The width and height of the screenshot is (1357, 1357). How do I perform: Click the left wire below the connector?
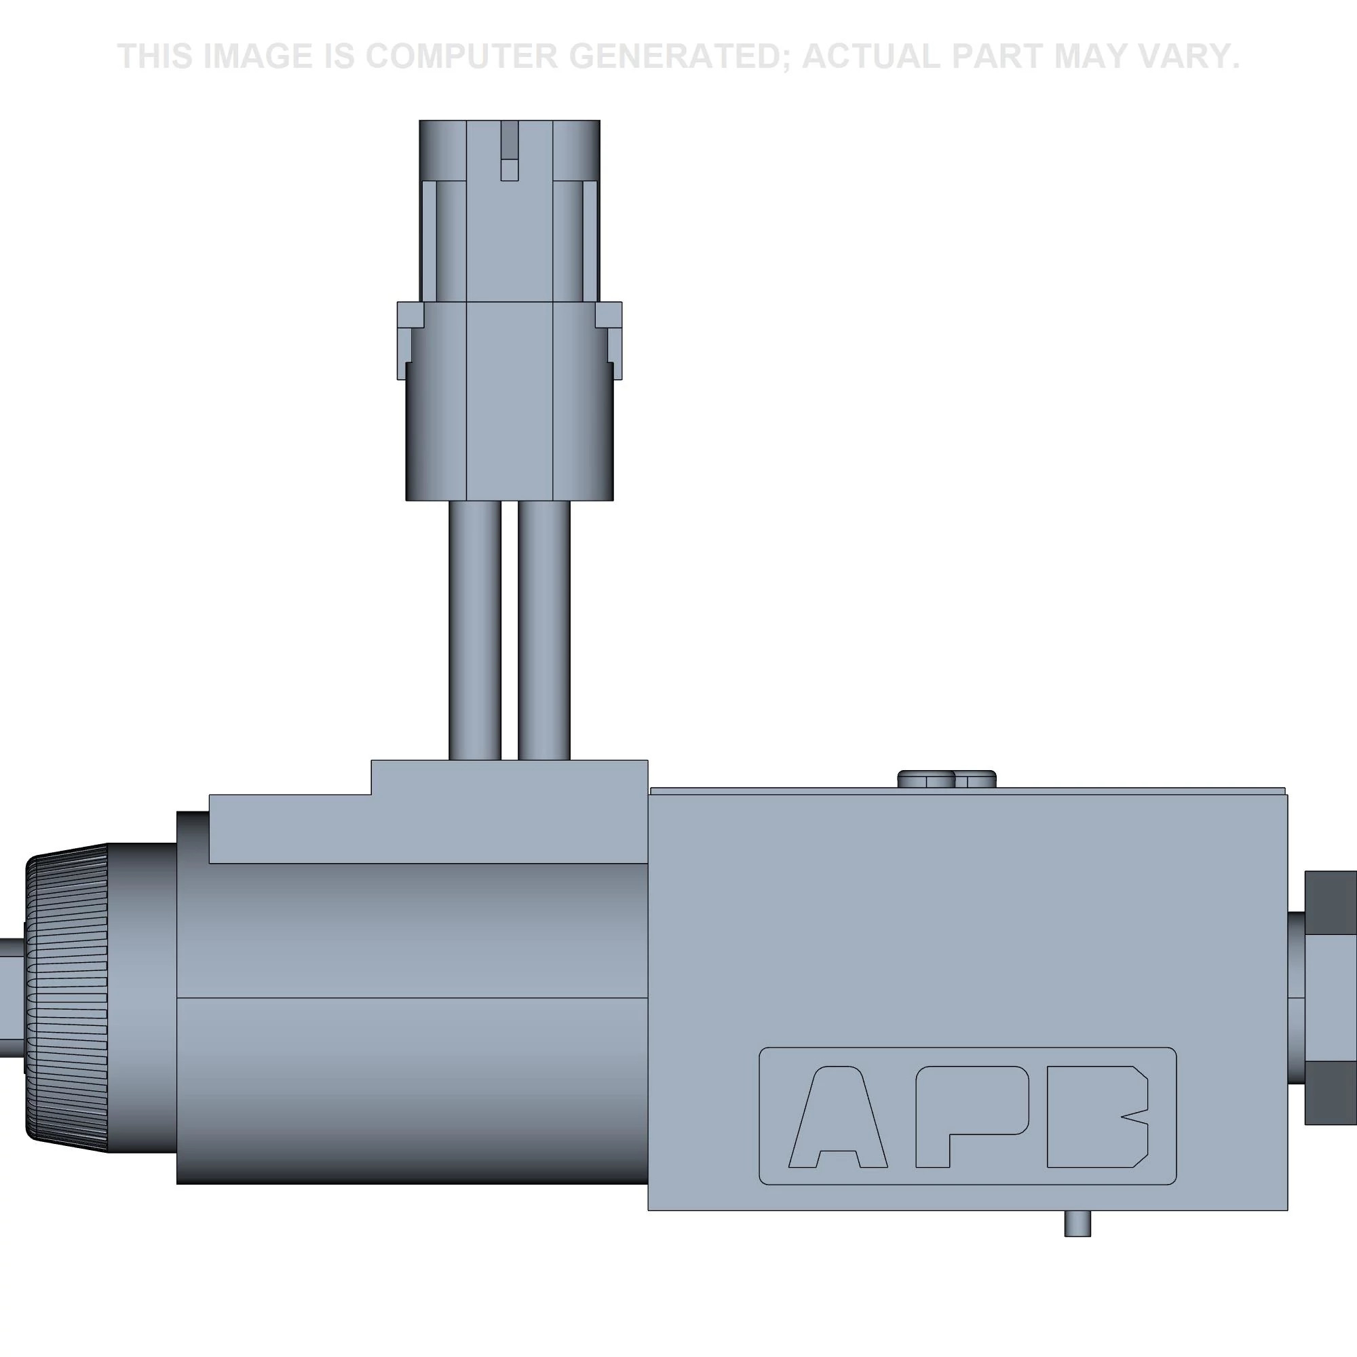(475, 630)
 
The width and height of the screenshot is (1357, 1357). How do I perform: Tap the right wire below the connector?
(543, 630)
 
